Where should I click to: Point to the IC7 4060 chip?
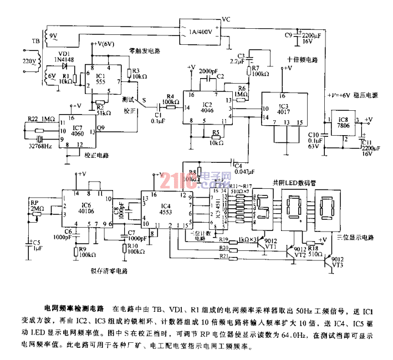pos(77,132)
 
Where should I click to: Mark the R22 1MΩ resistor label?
pos(41,119)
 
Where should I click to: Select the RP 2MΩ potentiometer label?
pos(37,205)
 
